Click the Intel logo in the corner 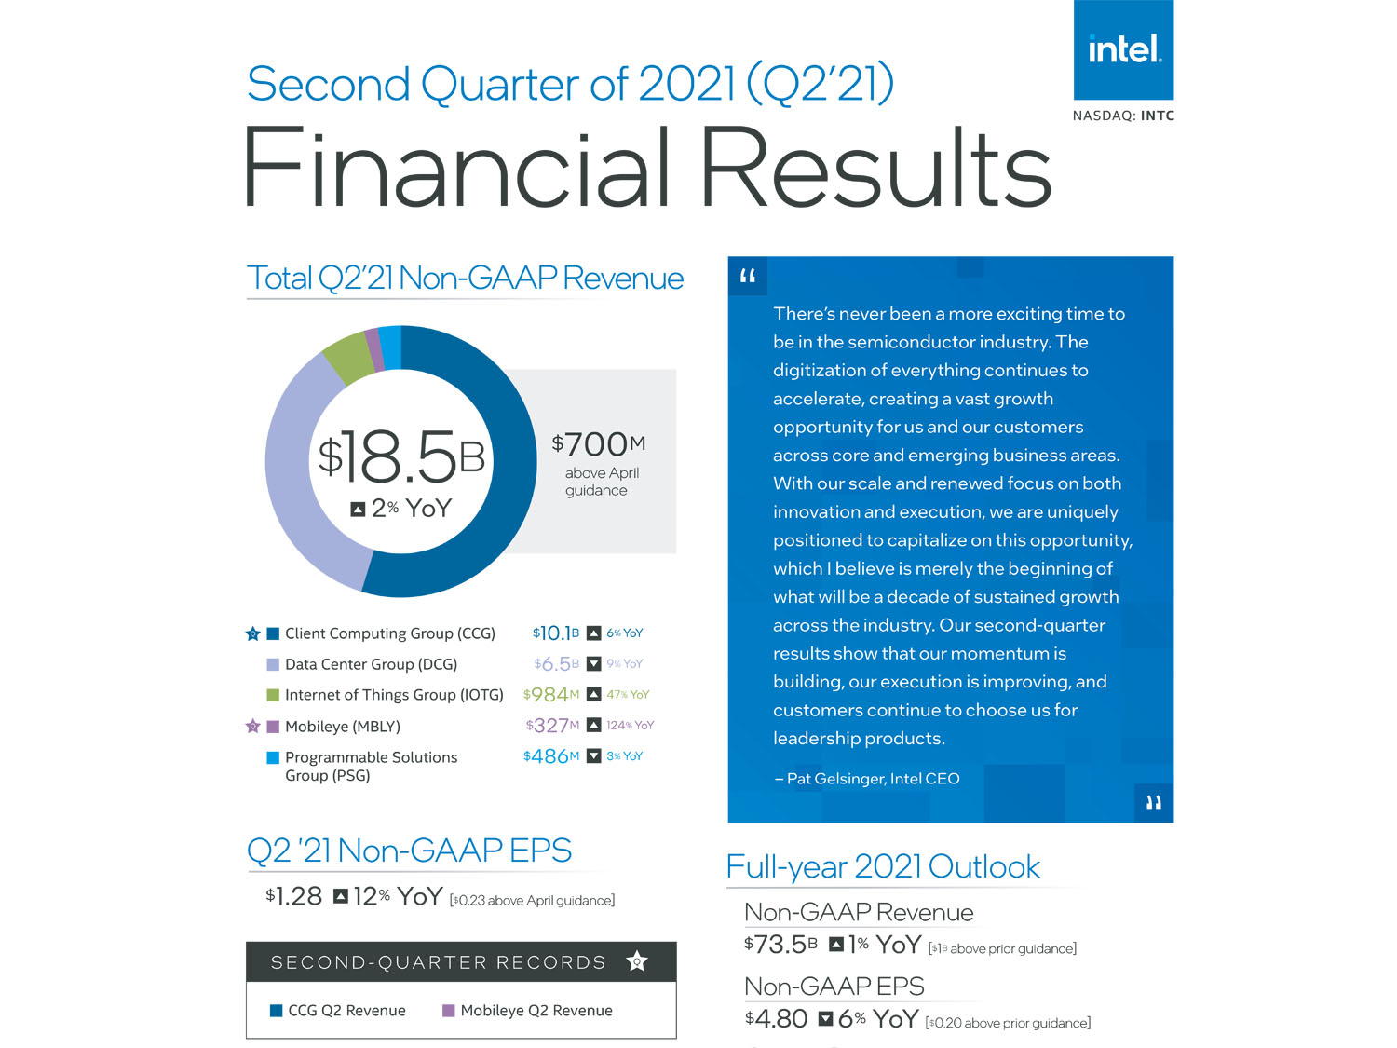(x=1123, y=49)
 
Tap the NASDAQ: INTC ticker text (x=1123, y=116)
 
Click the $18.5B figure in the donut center (x=401, y=457)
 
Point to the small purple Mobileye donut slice (x=373, y=348)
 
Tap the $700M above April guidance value (x=598, y=444)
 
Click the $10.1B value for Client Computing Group (x=555, y=633)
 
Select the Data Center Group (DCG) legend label (x=371, y=664)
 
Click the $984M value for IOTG (x=550, y=695)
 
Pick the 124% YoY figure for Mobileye (x=630, y=726)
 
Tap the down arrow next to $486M (x=593, y=756)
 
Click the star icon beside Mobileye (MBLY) (x=252, y=727)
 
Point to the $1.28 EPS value (x=293, y=896)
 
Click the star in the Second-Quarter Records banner (x=637, y=961)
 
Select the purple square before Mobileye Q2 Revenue (x=448, y=1011)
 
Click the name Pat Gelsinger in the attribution (x=835, y=779)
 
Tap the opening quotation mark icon (x=748, y=277)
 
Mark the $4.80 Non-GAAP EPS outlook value (x=776, y=1019)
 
